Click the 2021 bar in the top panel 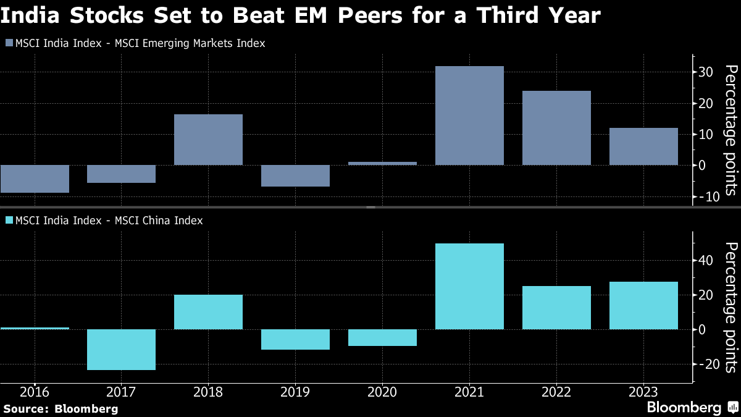469,116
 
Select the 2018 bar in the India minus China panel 208,312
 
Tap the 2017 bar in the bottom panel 121,350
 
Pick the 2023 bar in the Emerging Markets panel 643,146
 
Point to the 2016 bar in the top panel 35,179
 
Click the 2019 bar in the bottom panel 295,339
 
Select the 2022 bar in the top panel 556,128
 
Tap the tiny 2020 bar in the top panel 382,163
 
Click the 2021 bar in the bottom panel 469,286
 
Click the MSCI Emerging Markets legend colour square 8,44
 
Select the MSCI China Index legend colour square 8,221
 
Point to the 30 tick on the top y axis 706,72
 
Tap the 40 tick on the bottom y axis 706,260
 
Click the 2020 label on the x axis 382,392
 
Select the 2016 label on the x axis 35,392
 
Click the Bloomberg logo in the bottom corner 685,408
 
